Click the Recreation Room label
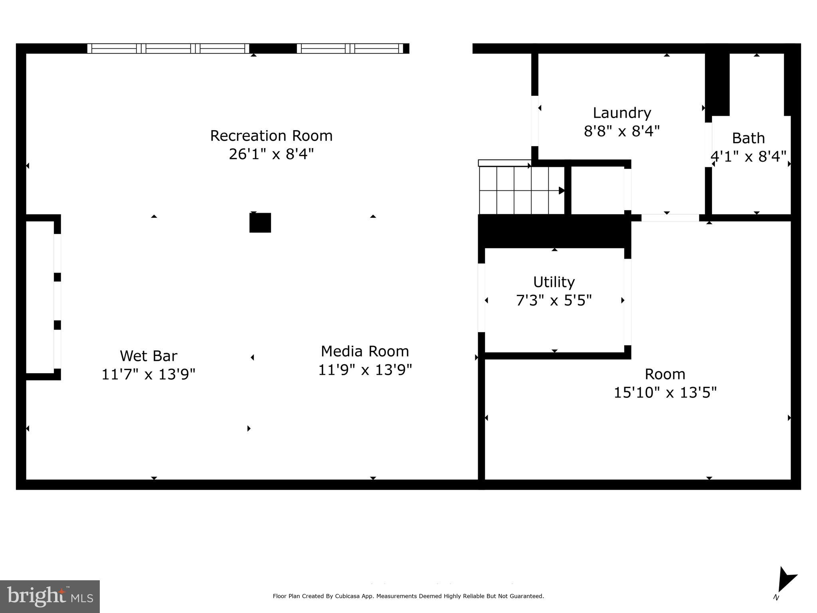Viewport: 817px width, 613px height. (x=271, y=136)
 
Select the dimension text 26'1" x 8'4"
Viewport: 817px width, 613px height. (x=271, y=154)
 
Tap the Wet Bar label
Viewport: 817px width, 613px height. (x=148, y=356)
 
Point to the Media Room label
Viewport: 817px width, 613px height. (x=365, y=351)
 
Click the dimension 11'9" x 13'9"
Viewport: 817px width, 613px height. (x=365, y=370)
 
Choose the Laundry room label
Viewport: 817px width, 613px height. (x=622, y=113)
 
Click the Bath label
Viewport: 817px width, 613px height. (x=748, y=138)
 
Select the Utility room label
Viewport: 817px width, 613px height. (x=554, y=282)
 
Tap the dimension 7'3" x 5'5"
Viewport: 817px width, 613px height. (x=554, y=300)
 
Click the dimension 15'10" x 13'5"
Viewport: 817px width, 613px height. (x=665, y=392)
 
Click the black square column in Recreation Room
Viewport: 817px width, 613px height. (x=260, y=223)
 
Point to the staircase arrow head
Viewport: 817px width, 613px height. (x=562, y=190)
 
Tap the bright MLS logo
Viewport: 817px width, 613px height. (x=50, y=596)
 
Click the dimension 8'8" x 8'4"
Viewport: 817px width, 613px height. (x=622, y=131)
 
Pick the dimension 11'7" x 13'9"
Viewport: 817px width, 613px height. (x=148, y=374)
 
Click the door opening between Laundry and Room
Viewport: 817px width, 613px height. (x=670, y=218)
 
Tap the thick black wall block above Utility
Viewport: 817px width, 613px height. (x=554, y=231)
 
